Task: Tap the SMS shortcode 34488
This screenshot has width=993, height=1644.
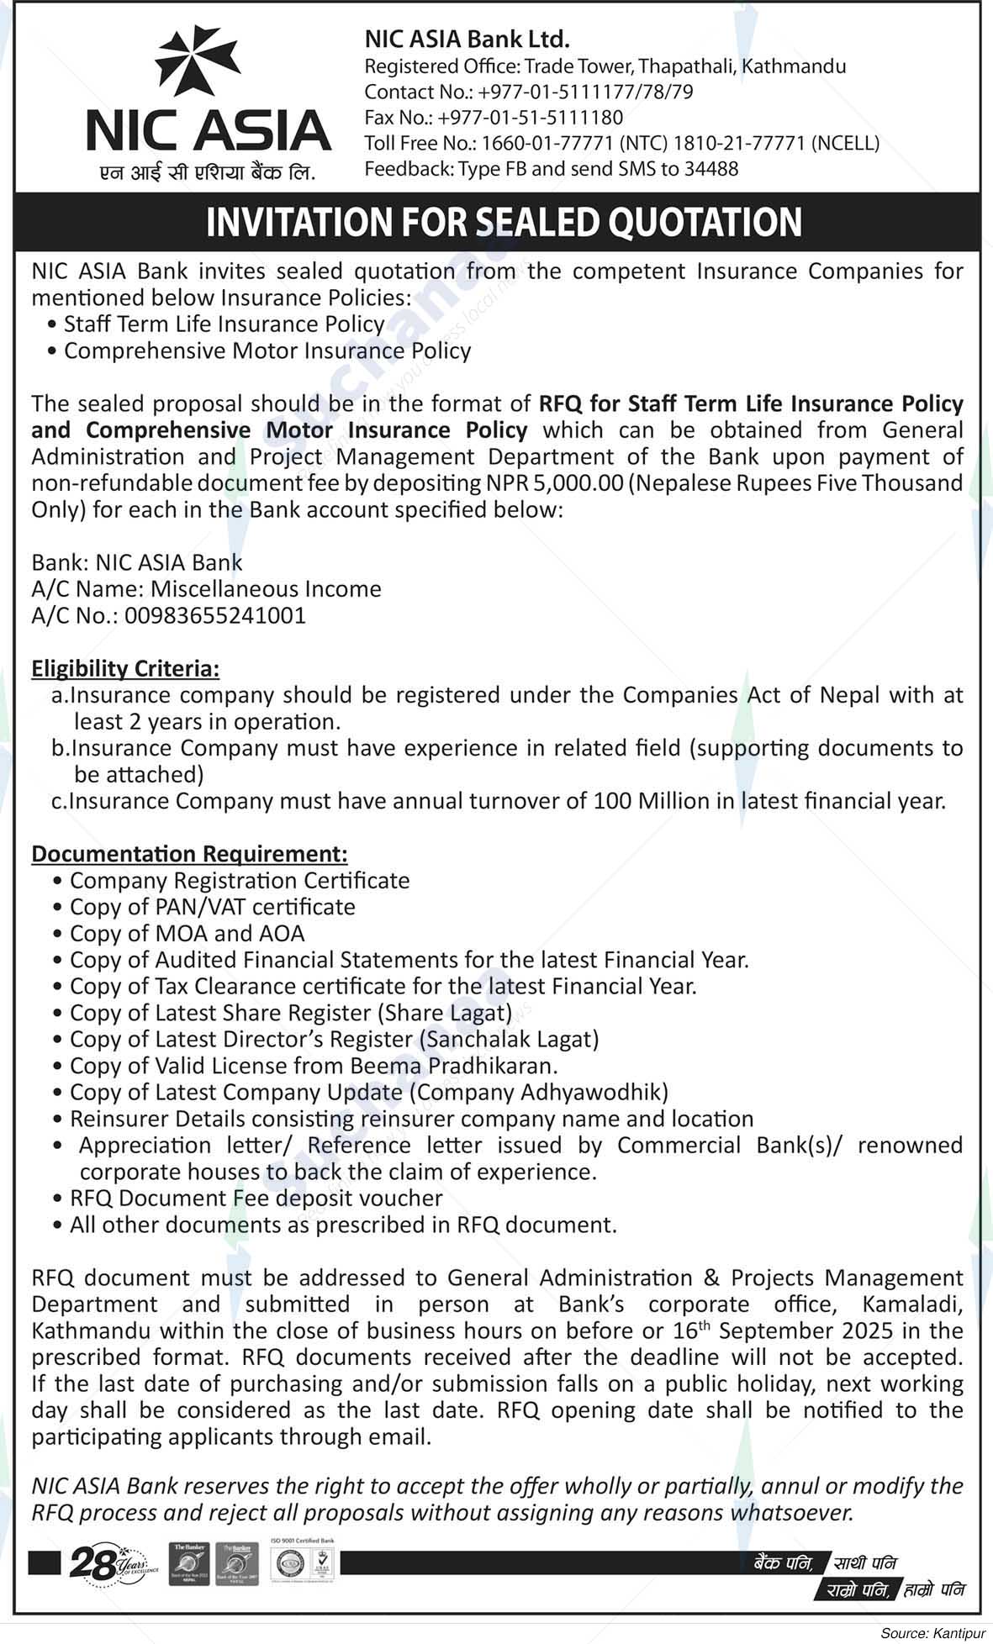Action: pos(711,169)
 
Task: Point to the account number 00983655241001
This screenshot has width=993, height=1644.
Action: pos(215,616)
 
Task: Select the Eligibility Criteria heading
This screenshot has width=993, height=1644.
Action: pos(125,669)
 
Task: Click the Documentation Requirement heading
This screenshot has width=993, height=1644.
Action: pos(189,855)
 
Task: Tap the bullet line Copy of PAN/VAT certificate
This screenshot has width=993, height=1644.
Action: pos(212,908)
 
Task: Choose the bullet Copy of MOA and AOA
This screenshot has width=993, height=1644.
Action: pos(187,934)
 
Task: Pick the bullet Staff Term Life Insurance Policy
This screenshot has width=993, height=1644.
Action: pos(224,324)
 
